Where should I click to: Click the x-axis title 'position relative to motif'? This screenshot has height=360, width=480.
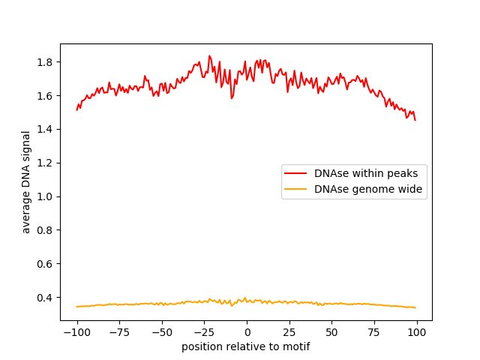tap(246, 346)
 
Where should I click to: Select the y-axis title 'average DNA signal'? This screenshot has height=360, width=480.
tap(26, 182)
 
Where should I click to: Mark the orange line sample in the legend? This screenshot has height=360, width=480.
tap(297, 189)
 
